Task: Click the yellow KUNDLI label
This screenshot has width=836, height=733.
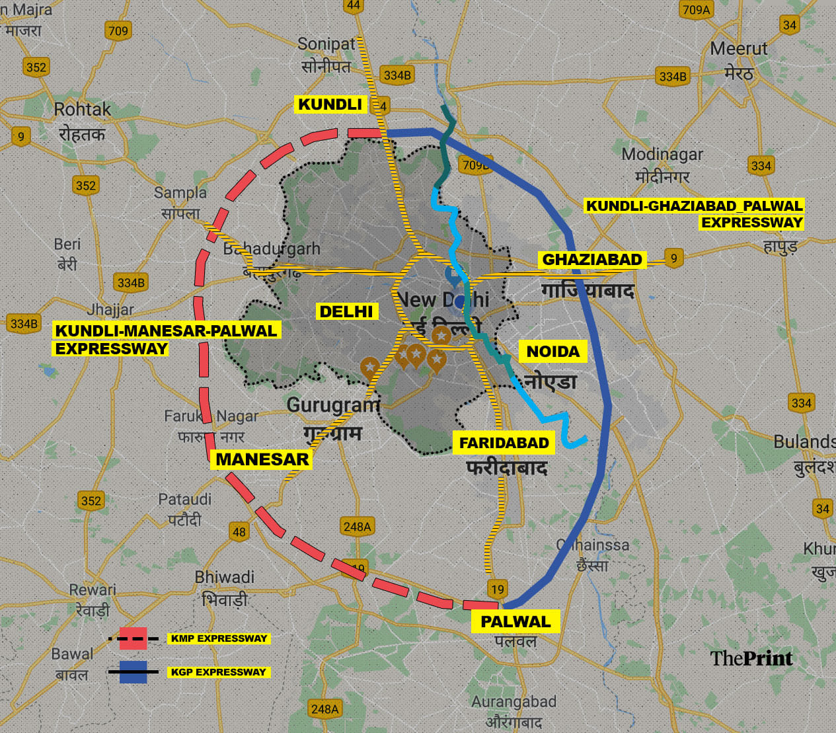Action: click(x=330, y=104)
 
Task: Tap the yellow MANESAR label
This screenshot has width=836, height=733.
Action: click(x=262, y=459)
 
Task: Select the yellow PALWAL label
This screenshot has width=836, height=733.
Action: click(x=515, y=621)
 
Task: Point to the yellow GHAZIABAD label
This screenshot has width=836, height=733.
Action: click(x=592, y=260)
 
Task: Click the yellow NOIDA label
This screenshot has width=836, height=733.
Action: click(x=552, y=352)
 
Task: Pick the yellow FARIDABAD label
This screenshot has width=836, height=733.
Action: click(x=504, y=443)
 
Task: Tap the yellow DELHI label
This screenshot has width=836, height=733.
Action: click(x=346, y=311)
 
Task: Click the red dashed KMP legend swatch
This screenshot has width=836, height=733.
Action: click(x=133, y=638)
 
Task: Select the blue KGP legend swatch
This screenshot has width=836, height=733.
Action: click(x=133, y=672)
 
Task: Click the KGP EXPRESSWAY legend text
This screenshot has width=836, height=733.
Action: click(x=218, y=672)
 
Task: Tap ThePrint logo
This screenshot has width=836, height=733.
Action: click(x=751, y=658)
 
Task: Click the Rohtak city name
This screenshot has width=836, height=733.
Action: click(x=82, y=110)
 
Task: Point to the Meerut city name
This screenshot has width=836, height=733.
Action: click(x=738, y=49)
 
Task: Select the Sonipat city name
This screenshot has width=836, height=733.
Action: click(x=326, y=44)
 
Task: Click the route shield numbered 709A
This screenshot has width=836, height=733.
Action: click(x=696, y=10)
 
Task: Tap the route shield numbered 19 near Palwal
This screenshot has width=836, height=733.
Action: click(x=497, y=589)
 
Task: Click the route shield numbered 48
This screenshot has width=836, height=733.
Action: click(x=239, y=531)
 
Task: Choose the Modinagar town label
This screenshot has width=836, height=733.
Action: click(x=662, y=154)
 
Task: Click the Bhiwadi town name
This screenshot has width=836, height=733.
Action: click(x=224, y=577)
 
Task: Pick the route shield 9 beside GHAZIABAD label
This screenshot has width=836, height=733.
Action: click(x=673, y=258)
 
